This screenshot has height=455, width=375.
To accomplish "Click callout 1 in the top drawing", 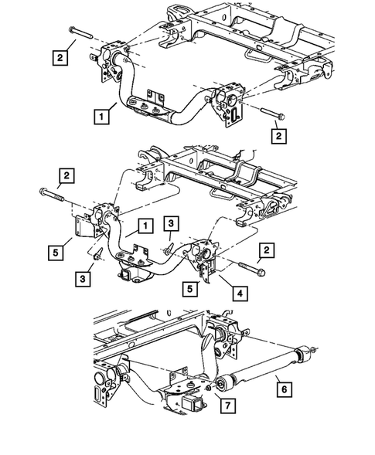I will click(x=101, y=117).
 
